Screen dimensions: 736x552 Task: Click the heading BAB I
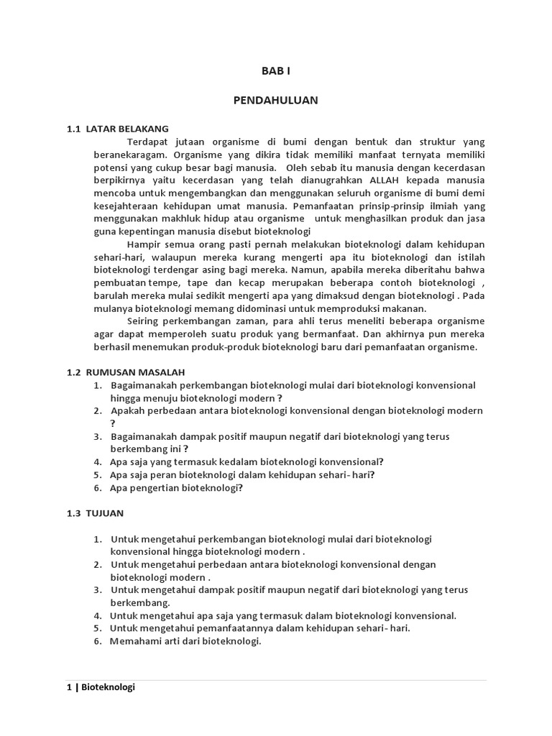(275, 72)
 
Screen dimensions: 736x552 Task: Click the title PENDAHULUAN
(275, 101)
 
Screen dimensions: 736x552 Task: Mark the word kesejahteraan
(125, 206)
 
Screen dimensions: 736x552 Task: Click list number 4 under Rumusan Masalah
(97, 461)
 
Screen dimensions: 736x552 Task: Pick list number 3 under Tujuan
(97, 590)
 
